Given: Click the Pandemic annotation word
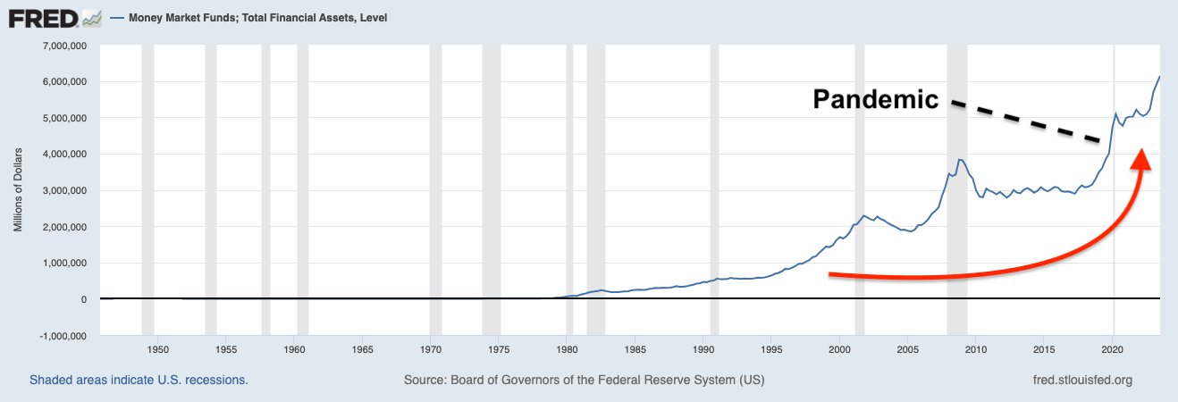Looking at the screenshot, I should coord(875,99).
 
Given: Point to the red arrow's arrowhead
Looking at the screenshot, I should coord(1141,158).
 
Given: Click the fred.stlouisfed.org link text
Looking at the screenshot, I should coord(1081,380).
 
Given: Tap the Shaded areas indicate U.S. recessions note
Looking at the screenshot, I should coord(139,380).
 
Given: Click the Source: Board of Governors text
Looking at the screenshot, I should coord(584,380).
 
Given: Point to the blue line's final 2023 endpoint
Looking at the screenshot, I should coord(1160,77).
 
